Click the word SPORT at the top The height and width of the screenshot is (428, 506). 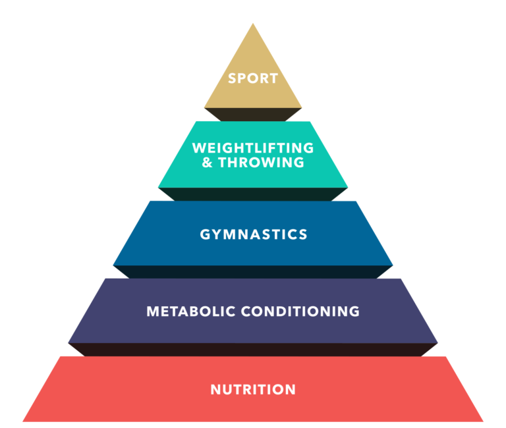[x=253, y=78]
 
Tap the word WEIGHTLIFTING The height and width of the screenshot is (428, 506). [x=253, y=148]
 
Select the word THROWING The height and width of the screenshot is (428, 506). [x=262, y=162]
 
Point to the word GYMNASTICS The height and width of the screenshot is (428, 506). [x=253, y=234]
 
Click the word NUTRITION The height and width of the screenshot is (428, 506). [x=253, y=389]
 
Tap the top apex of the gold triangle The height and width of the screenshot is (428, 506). [x=253, y=25]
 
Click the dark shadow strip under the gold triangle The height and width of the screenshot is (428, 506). [x=253, y=115]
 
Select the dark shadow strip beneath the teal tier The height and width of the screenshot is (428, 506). [x=253, y=194]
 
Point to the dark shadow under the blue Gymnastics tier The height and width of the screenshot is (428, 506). [x=253, y=272]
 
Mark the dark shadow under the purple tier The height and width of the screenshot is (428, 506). [x=253, y=350]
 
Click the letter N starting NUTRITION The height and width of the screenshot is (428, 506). [x=215, y=389]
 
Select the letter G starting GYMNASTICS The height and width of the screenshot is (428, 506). [x=204, y=234]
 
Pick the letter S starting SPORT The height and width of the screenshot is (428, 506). [x=232, y=78]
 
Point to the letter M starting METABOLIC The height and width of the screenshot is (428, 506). [x=152, y=311]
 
